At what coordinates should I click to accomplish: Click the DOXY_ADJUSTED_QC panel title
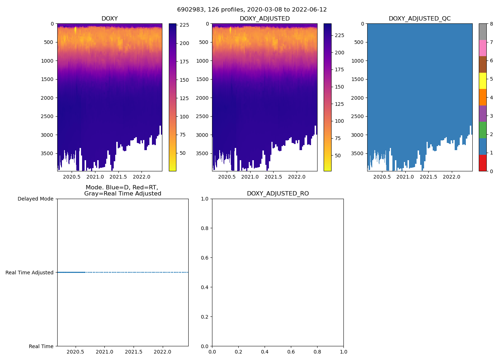[419, 19]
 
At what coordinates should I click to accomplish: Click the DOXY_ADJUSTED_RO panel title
[278, 194]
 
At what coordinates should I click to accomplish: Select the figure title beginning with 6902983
[252, 10]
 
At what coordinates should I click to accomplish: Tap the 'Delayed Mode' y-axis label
[35, 199]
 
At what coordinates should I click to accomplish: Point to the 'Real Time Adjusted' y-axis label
[30, 273]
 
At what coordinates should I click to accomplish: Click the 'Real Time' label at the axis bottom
[41, 346]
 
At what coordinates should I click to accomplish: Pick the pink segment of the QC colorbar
[482, 48]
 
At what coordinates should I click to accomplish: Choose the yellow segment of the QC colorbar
[482, 81]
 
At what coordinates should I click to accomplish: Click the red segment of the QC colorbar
[482, 163]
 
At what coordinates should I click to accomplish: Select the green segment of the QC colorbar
[482, 130]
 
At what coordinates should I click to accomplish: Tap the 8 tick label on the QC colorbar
[491, 24]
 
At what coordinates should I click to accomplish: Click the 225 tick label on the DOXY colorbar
[184, 25]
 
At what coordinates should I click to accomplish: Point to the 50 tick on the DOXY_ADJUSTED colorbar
[338, 156]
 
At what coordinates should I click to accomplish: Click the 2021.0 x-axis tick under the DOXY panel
[95, 177]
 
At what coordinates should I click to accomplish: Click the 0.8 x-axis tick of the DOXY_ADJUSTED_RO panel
[317, 352]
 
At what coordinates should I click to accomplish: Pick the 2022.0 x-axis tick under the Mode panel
[163, 352]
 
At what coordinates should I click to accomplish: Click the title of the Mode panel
[122, 190]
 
